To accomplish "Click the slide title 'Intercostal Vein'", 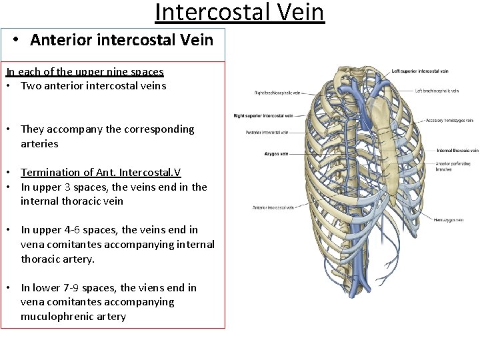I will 239,13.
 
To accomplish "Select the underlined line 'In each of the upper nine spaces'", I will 85,71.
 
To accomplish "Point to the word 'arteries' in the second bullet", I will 39,143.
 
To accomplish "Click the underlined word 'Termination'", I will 53,173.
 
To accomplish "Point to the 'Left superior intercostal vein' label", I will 419,71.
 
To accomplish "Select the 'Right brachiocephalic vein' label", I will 277,93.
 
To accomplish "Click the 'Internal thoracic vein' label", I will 457,151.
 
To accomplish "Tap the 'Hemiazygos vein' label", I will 448,220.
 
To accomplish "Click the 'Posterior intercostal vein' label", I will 267,132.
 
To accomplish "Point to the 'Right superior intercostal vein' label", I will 263,116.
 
